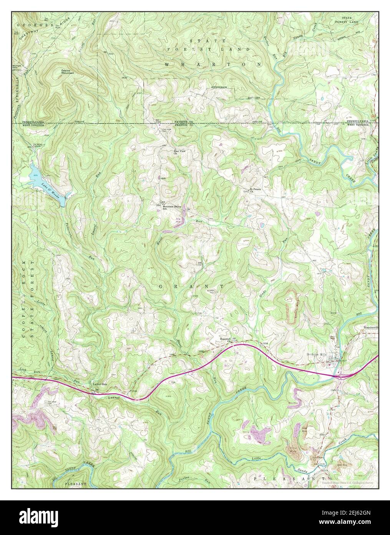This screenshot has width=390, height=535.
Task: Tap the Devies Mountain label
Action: [x=68, y=72]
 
